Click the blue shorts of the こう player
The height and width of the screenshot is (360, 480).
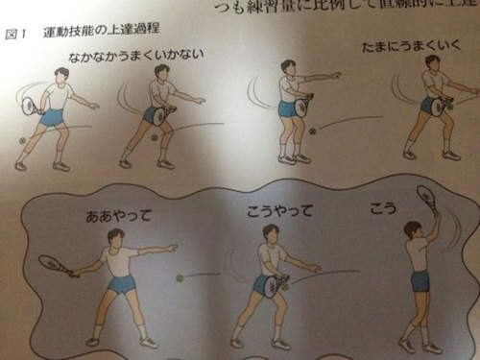coord(420,280)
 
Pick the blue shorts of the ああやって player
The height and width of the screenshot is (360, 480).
coord(121,284)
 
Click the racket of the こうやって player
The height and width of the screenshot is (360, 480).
coord(272,285)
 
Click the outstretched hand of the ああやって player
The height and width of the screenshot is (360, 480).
coord(174,248)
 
